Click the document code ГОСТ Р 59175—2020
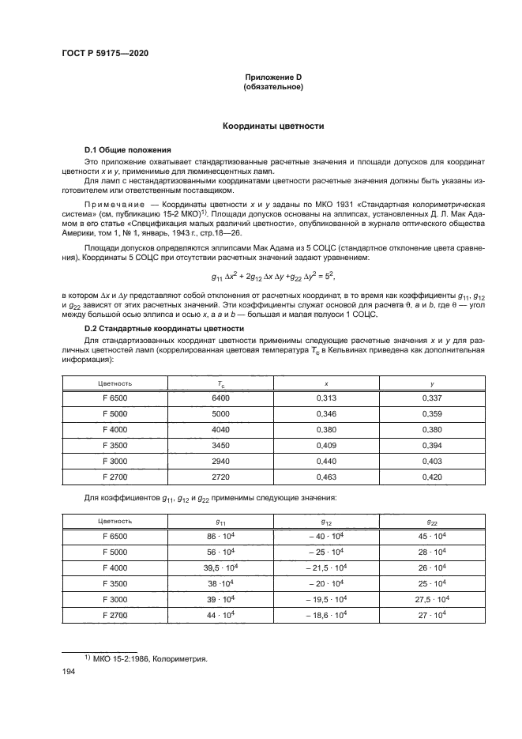pos(105,53)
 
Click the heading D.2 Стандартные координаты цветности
pos(167,328)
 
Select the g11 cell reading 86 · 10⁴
pos(220,536)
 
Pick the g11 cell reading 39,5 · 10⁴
pos(220,568)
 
